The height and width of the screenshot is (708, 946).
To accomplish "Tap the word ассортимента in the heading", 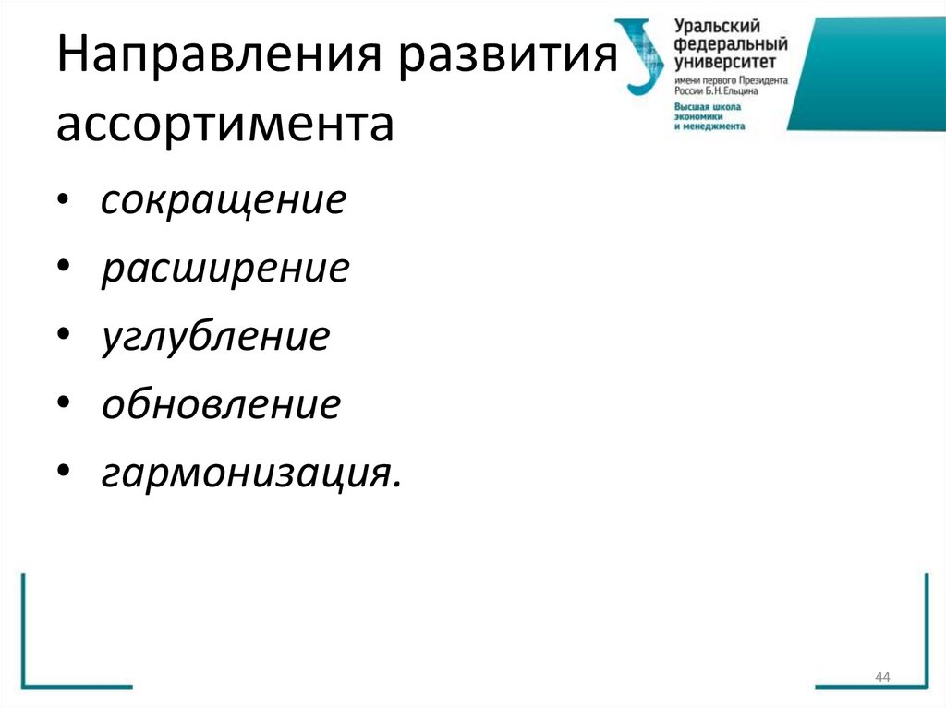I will pyautogui.click(x=224, y=126).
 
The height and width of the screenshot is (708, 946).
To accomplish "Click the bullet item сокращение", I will pyautogui.click(x=224, y=200).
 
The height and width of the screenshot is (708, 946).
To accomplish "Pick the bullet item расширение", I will pyautogui.click(x=225, y=269).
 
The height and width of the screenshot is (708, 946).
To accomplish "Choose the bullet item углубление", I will pyautogui.click(x=215, y=337).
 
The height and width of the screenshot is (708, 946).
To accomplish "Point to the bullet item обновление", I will pyautogui.click(x=222, y=404).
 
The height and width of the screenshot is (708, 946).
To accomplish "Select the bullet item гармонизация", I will pyautogui.click(x=252, y=474).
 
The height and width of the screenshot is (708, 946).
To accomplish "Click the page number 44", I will pyautogui.click(x=881, y=678).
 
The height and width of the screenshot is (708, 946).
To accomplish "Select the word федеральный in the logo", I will pyautogui.click(x=730, y=44).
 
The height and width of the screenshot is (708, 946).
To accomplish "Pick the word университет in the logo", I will pyautogui.click(x=724, y=62).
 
